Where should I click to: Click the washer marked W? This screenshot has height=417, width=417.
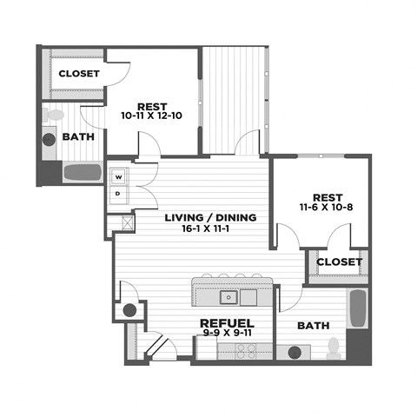(119, 176)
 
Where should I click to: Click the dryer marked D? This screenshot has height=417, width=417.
(119, 195)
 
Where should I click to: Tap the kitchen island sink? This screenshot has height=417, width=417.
(228, 297)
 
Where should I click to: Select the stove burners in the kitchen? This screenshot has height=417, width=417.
(246, 351)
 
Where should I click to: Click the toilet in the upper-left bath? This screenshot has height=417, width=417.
(53, 116)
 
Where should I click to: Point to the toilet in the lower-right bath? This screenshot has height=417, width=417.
(334, 348)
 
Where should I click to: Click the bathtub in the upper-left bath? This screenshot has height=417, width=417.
(83, 172)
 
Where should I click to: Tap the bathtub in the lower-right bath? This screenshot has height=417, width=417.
(358, 308)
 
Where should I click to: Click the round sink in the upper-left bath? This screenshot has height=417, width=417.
(49, 140)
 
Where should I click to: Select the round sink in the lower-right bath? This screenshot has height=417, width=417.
(295, 353)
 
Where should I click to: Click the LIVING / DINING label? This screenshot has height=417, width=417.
(210, 217)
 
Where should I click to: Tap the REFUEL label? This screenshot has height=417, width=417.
(227, 323)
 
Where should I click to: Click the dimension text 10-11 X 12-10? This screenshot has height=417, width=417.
(151, 116)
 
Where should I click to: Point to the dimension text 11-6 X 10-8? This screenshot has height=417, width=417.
(327, 207)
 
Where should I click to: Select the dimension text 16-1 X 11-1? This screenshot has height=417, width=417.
(206, 228)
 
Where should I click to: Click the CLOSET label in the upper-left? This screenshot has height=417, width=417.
(79, 74)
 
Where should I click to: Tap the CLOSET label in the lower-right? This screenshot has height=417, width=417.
(340, 262)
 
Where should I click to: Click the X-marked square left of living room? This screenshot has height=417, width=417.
(128, 222)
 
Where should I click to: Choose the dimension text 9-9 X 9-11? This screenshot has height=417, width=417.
(227, 333)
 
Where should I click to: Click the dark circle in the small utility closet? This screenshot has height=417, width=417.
(129, 310)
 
